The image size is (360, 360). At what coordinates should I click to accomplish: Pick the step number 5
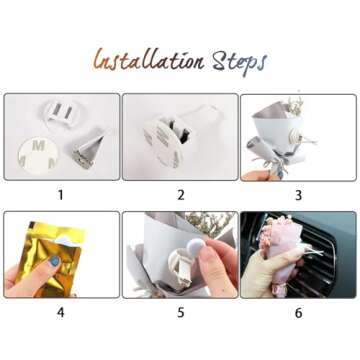tap(180, 311)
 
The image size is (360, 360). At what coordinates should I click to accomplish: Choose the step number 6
tap(297, 311)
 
